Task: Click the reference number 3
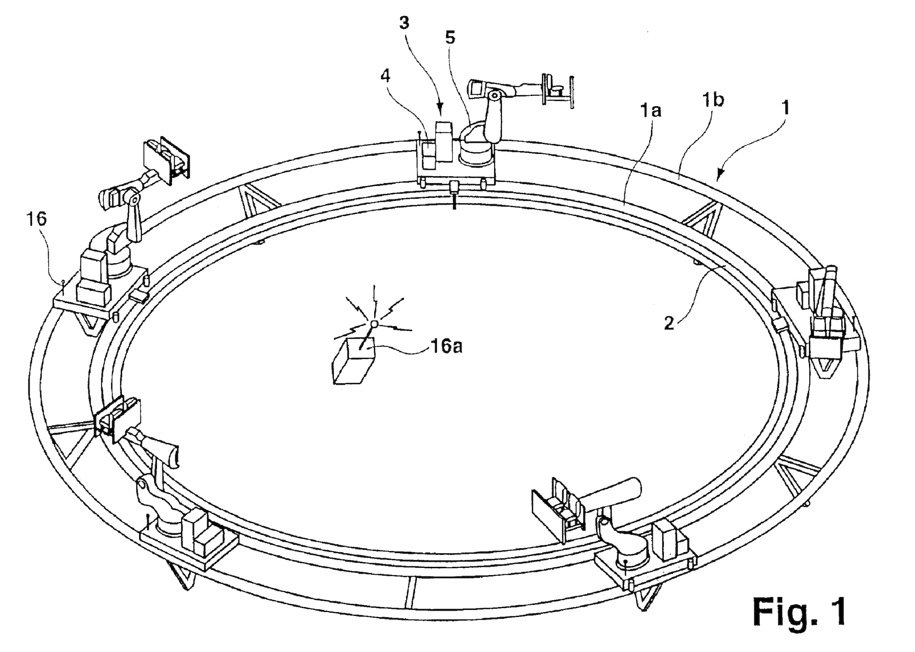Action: pyautogui.click(x=404, y=23)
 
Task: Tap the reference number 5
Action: pyautogui.click(x=450, y=38)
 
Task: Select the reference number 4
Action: pyautogui.click(x=386, y=76)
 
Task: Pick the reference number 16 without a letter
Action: pyautogui.click(x=36, y=219)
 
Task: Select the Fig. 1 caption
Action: pyautogui.click(x=799, y=611)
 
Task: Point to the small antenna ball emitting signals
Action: pyautogui.click(x=374, y=324)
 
